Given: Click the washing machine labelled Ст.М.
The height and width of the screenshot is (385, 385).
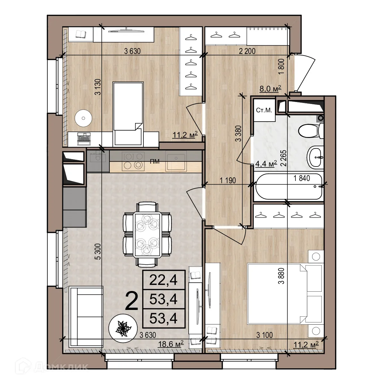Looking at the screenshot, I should tap(264, 111).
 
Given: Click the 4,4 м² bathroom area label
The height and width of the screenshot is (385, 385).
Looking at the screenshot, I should tap(266, 164).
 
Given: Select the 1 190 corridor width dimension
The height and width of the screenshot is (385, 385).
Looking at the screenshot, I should tap(228, 180).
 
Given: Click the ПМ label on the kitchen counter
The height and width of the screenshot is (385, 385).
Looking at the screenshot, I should tap(155, 162).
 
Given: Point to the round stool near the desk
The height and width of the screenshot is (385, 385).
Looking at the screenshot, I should tap(84, 118).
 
